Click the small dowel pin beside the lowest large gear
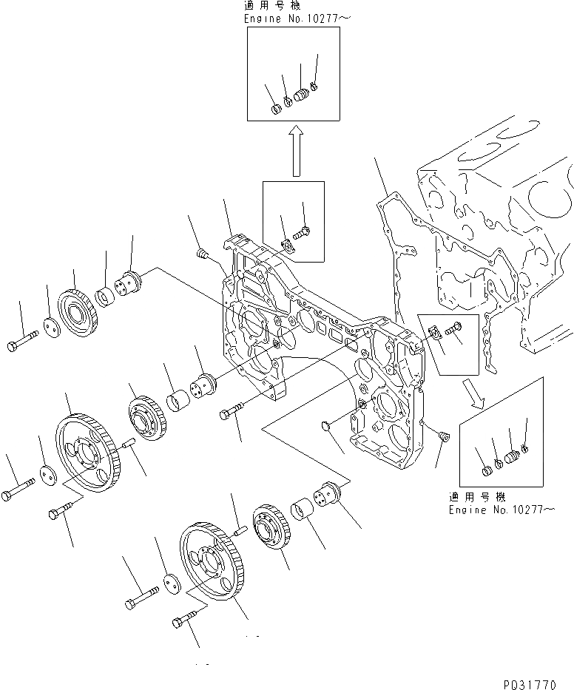pyautogui.click(x=238, y=530)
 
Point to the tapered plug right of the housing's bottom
pyautogui.click(x=442, y=436)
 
